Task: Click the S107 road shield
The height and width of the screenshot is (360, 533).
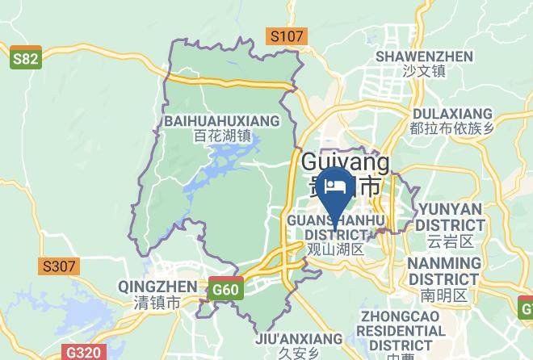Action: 287,36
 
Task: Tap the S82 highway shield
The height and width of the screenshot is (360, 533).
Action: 26,61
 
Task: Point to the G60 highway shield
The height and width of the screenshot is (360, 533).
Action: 225,290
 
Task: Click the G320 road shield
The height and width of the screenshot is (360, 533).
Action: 83,353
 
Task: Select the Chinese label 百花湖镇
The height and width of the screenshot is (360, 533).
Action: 223,136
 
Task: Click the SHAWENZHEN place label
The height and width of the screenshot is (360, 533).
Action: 424,57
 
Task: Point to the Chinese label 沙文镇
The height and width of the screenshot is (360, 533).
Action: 424,72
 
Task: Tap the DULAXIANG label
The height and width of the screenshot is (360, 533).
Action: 451,113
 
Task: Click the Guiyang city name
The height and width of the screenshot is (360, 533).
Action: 345,162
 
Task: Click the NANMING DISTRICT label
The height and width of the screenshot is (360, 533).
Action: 443,271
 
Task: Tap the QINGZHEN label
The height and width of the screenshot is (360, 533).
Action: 157,287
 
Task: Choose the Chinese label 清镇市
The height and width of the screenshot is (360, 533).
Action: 157,303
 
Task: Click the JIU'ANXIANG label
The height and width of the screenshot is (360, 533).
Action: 298,339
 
